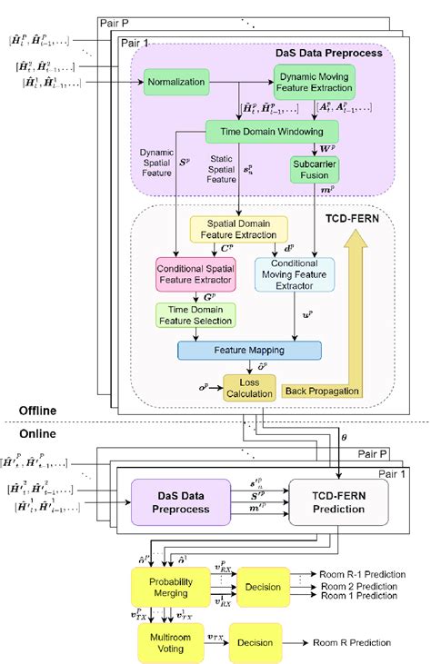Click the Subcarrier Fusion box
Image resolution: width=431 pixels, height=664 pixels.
[x=315, y=169]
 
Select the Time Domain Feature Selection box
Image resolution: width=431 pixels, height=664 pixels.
[x=195, y=315]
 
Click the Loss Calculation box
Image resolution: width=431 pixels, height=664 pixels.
[x=248, y=388]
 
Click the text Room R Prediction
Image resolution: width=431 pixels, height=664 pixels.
[x=349, y=643]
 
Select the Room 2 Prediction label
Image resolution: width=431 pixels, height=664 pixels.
[x=361, y=587]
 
